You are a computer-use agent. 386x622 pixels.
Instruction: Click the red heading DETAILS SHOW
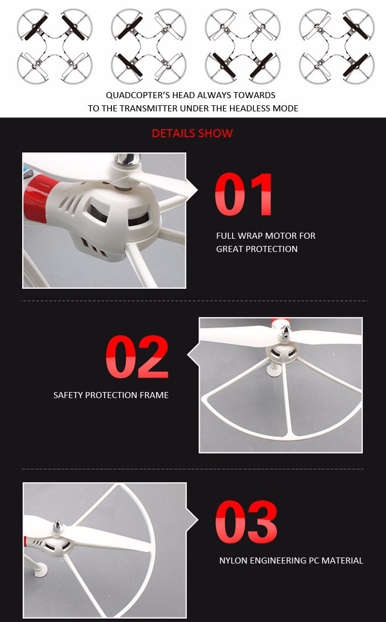pyautogui.click(x=192, y=133)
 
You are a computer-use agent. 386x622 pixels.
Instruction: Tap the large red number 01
pyautogui.click(x=244, y=194)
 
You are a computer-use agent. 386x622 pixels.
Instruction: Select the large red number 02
pyautogui.click(x=137, y=356)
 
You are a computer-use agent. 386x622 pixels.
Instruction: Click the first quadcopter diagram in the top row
pyautogui.click(x=55, y=47)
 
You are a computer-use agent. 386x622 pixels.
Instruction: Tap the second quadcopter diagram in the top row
pyautogui.click(x=149, y=47)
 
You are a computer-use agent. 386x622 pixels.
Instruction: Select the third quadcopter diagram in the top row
pyautogui.click(x=243, y=47)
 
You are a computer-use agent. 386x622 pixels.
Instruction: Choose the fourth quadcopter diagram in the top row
pyautogui.click(x=337, y=47)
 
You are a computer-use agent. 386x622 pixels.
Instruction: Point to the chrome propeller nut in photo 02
pyautogui.click(x=285, y=331)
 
